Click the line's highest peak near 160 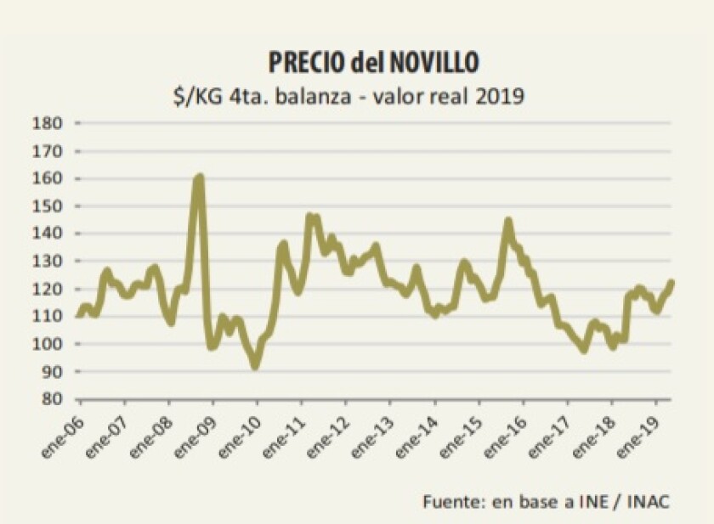(x=200, y=177)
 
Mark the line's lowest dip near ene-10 (x=255, y=366)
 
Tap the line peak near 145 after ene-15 (x=508, y=221)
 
